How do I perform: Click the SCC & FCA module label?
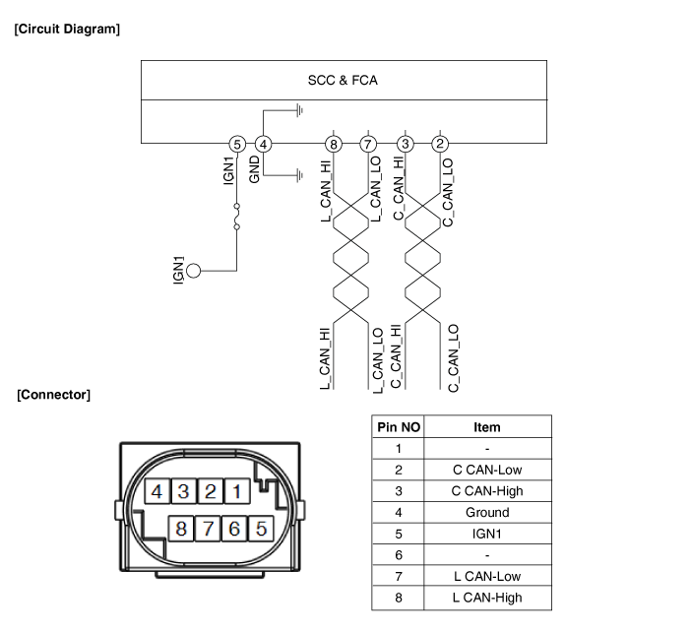click(343, 80)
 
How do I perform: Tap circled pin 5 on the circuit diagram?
click(236, 145)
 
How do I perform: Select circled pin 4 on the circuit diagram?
click(263, 145)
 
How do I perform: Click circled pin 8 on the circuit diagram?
click(335, 145)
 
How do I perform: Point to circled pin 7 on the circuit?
click(368, 145)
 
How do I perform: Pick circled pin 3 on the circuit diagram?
click(406, 145)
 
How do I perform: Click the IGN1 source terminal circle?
click(194, 271)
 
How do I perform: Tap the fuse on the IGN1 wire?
click(236, 217)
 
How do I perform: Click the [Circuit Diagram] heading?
click(67, 29)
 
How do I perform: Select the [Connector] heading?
click(53, 395)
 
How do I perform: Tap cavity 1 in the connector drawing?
click(236, 491)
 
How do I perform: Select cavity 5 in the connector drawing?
click(261, 529)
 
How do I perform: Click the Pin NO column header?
click(398, 427)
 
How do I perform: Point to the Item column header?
click(486, 427)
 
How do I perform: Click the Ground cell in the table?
click(486, 512)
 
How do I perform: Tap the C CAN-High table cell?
click(486, 491)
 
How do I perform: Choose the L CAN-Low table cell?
click(486, 576)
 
